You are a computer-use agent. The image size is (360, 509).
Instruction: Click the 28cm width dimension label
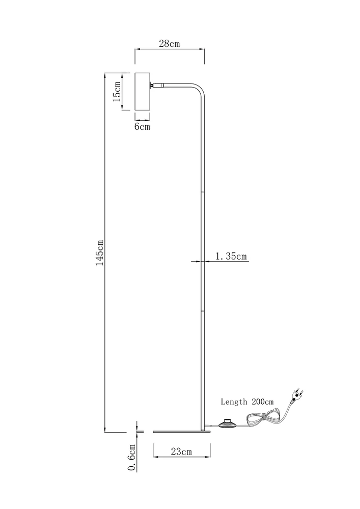click(x=169, y=43)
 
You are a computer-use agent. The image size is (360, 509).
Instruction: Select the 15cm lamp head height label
click(x=117, y=92)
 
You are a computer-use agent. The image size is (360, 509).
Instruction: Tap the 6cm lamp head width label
click(x=142, y=126)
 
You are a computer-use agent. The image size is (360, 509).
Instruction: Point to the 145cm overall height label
click(x=99, y=252)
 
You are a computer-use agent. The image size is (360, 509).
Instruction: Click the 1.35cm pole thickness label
click(x=231, y=257)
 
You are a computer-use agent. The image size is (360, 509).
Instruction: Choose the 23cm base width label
click(x=181, y=451)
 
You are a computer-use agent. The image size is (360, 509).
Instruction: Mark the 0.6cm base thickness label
click(x=132, y=458)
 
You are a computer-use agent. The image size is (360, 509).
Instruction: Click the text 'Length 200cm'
click(x=247, y=402)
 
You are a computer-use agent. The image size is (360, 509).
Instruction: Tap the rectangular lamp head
click(x=142, y=92)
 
